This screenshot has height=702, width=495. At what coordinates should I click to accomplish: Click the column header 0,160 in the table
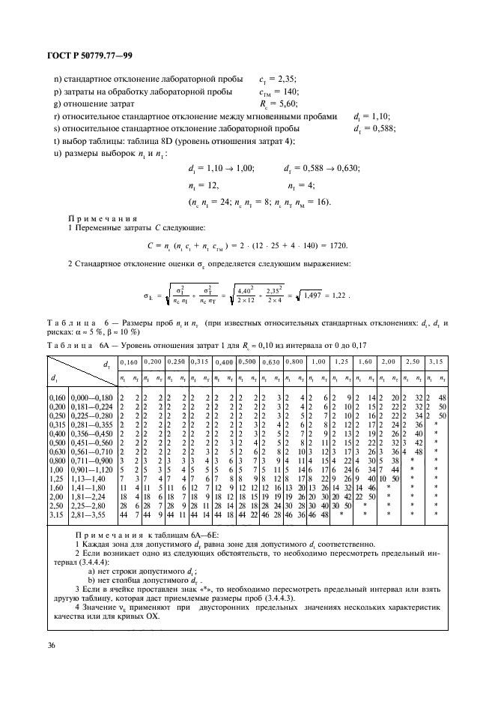[x=129, y=361]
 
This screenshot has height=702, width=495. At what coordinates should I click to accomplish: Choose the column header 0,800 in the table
[x=292, y=361]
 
